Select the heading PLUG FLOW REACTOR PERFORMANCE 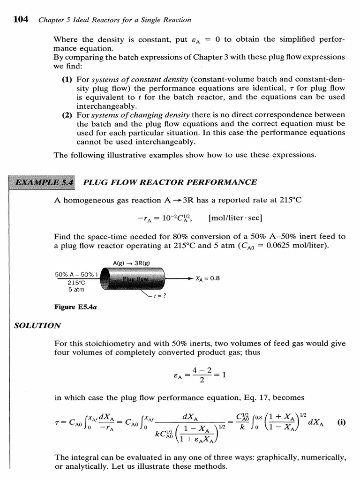170,182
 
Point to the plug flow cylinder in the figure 134,280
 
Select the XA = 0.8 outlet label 207,278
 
